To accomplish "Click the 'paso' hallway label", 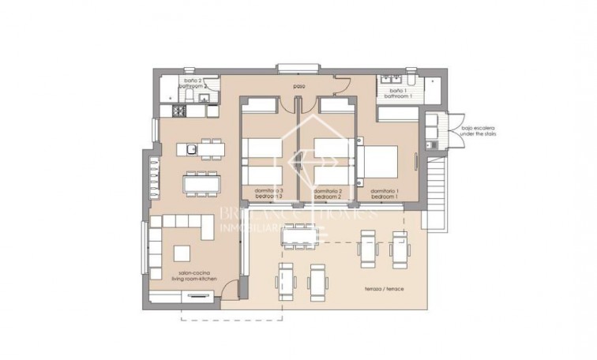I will pos(298,86).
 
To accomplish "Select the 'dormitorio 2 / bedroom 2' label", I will pos(327,193).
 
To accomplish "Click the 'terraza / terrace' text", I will pos(385,289).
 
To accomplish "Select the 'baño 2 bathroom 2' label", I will pos(194,84).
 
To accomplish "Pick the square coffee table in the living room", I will pos(182,253).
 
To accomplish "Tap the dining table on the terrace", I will pos(298,234).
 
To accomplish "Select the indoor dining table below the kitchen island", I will pos(201,183).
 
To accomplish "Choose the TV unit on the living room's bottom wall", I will pos(195,297).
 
